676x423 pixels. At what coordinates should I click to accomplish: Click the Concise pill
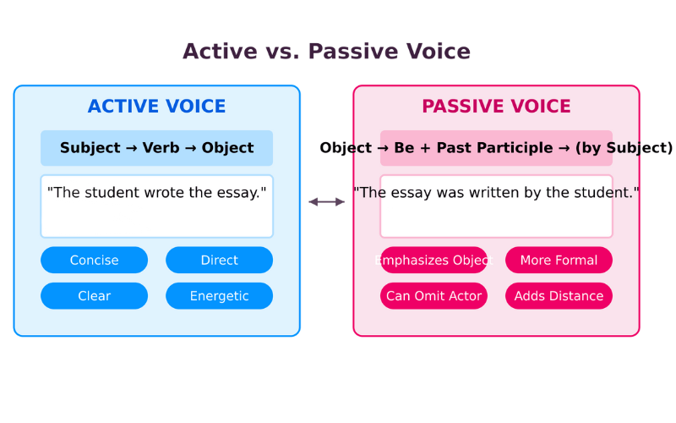[x=94, y=261]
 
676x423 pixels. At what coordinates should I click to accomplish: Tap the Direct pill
[x=219, y=261]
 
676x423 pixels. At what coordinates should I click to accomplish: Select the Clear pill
[x=94, y=296]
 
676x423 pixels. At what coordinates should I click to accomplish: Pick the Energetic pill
[x=219, y=296]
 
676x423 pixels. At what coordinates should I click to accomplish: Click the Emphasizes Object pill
[x=433, y=261]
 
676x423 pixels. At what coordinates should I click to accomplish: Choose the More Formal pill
[x=559, y=261]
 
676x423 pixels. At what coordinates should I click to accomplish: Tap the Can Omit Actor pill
[x=433, y=296]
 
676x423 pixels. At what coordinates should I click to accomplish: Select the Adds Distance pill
[x=559, y=296]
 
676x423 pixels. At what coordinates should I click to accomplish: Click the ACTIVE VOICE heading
[x=156, y=107]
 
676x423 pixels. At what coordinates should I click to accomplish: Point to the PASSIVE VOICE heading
[x=496, y=107]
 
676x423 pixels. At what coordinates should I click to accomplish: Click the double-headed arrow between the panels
[x=326, y=201]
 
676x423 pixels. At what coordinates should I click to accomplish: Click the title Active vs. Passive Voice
[x=326, y=52]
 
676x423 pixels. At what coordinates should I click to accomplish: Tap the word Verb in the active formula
[x=161, y=148]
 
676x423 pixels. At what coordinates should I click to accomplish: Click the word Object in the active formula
[x=227, y=148]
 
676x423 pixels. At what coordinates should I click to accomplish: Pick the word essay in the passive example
[x=411, y=193]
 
